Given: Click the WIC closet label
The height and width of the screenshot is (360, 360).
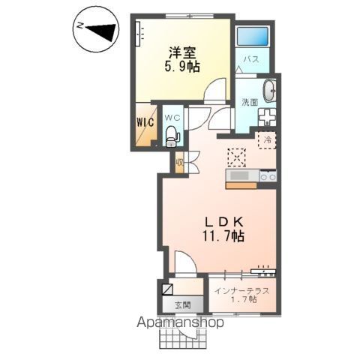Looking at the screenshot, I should [x=145, y=121].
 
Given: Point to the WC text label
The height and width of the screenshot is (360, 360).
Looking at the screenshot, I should [x=172, y=117].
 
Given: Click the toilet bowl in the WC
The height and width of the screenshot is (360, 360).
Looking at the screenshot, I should [x=172, y=136].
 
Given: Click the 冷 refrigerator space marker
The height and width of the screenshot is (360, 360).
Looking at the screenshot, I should [x=265, y=139].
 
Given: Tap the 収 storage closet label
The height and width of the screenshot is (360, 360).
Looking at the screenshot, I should [x=180, y=162].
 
